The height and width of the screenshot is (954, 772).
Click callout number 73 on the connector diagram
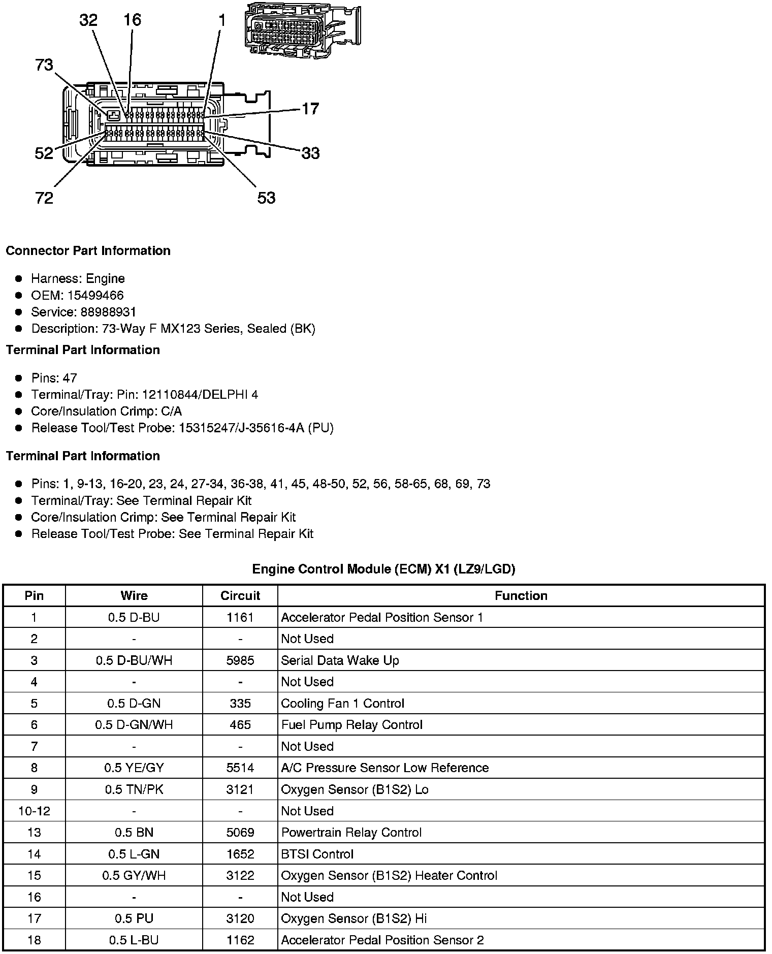pyautogui.click(x=44, y=65)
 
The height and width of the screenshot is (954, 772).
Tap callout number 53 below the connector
pyautogui.click(x=266, y=198)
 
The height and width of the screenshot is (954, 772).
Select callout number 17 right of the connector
pyautogui.click(x=310, y=109)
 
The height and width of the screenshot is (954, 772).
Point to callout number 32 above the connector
pyautogui.click(x=88, y=20)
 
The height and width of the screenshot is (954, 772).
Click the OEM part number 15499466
pyautogui.click(x=95, y=295)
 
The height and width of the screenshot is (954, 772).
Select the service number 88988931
pyautogui.click(x=108, y=312)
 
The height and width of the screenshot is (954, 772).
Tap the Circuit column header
pyautogui.click(x=240, y=595)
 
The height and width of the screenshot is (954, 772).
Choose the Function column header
pyautogui.click(x=521, y=595)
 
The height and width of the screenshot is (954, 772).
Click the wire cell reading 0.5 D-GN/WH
pyautogui.click(x=134, y=724)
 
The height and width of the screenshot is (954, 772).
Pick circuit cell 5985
pyautogui.click(x=240, y=660)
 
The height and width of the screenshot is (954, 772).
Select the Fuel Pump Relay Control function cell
pyautogui.click(x=351, y=724)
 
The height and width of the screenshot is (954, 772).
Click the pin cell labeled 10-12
pyautogui.click(x=34, y=811)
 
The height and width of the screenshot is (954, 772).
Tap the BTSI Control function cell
pyautogui.click(x=317, y=854)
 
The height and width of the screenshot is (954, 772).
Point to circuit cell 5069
pyautogui.click(x=240, y=832)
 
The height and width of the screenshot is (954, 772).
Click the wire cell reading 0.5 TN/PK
pyautogui.click(x=134, y=789)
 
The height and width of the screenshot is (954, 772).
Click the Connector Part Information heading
pyautogui.click(x=88, y=251)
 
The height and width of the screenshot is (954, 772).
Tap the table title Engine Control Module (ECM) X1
pyautogui.click(x=383, y=569)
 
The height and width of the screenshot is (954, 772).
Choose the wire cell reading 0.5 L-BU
pyautogui.click(x=134, y=940)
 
